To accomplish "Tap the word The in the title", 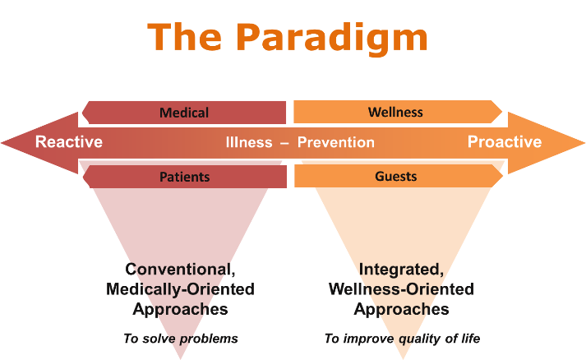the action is [x=184, y=36].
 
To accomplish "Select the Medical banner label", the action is [x=184, y=113].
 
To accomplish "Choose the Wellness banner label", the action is [x=395, y=112].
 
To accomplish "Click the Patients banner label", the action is [x=185, y=177].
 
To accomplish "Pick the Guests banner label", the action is [x=396, y=176].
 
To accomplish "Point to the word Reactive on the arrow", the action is [x=69, y=142].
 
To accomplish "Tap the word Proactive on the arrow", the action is [x=505, y=142].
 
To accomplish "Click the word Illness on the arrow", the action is [x=249, y=142].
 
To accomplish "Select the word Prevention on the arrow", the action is [x=335, y=142].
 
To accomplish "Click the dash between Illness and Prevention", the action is [x=284, y=143].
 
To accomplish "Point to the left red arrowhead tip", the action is [x=1, y=143].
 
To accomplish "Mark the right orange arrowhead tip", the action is [x=585, y=143].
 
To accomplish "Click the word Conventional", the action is [x=180, y=270].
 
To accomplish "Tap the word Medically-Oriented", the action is [x=180, y=289].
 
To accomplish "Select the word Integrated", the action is [x=401, y=270].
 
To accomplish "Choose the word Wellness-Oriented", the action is [x=401, y=289].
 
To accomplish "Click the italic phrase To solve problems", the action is [x=181, y=339].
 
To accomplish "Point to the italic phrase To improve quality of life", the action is [x=402, y=339].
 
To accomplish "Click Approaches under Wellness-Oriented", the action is [x=401, y=310].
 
